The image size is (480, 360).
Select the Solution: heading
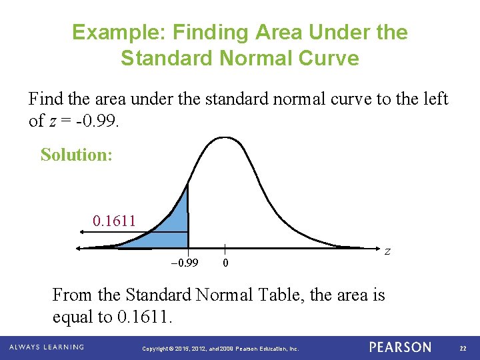click(76, 155)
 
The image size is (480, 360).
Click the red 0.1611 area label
click(114, 220)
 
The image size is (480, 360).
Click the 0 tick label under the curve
click(226, 263)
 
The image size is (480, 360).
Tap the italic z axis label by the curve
click(387, 251)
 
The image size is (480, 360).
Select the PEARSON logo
click(400, 347)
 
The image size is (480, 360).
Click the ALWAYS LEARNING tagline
click(47, 347)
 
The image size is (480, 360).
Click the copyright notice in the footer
click(221, 349)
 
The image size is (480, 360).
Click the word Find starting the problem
click(45, 100)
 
